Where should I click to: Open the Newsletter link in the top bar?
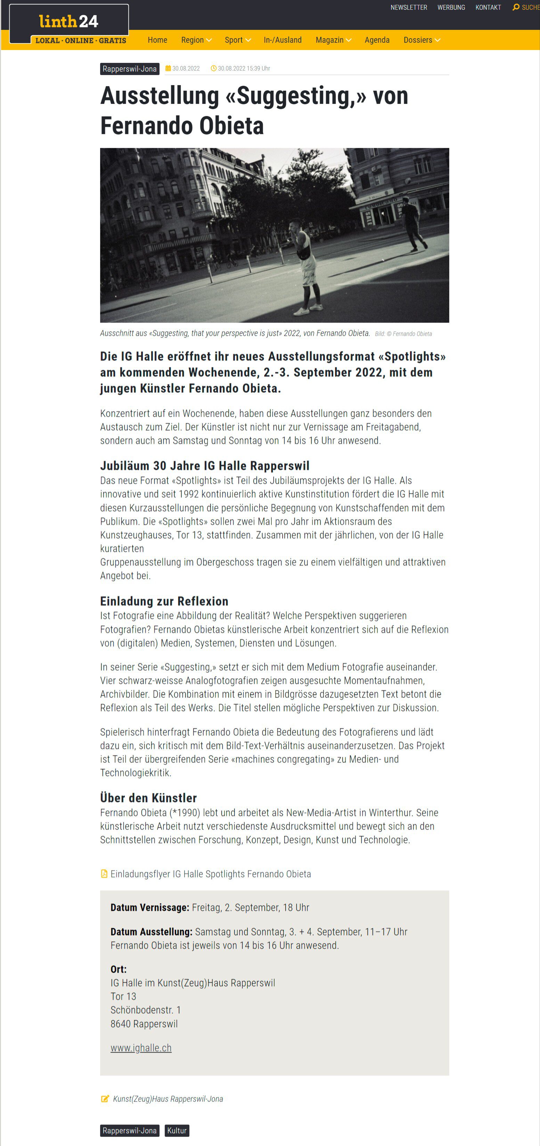click(x=408, y=8)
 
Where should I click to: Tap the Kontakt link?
click(x=488, y=8)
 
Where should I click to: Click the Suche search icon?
click(x=516, y=7)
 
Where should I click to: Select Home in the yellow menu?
click(x=157, y=40)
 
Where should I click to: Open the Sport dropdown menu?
click(x=238, y=40)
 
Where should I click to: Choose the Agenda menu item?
click(x=377, y=40)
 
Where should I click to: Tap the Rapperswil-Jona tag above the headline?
click(x=129, y=69)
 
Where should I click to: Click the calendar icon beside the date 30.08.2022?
click(x=168, y=68)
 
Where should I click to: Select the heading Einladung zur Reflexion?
click(x=164, y=601)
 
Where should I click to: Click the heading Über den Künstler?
click(x=148, y=798)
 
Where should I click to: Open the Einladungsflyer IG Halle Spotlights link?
click(x=210, y=874)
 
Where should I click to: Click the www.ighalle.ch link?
click(x=141, y=1048)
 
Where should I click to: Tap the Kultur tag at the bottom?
click(x=177, y=1130)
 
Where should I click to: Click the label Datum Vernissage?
click(x=150, y=908)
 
